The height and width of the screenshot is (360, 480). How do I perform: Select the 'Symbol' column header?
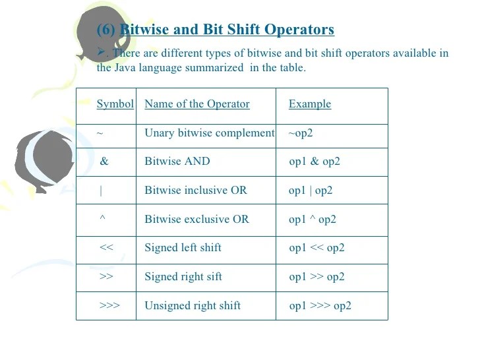coord(115,104)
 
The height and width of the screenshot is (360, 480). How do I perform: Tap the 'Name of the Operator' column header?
coord(196,104)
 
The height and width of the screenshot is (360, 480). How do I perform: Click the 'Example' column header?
coord(309,104)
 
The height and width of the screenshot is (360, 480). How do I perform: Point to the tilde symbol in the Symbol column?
coord(100,133)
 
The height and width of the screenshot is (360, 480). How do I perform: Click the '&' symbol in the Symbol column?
coord(104,162)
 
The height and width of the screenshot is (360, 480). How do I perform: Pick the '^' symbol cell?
coord(102,219)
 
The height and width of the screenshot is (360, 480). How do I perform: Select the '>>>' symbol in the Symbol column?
coord(109,305)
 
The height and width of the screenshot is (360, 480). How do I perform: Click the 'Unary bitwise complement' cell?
coord(209,133)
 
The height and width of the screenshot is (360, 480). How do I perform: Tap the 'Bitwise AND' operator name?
coord(177,162)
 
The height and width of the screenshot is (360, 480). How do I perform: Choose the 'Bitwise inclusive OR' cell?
coord(195,191)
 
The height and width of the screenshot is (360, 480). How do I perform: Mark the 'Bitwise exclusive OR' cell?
coord(196,219)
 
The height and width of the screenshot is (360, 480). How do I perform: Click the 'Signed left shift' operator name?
coord(183,248)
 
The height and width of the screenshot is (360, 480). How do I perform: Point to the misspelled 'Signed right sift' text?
coord(183,276)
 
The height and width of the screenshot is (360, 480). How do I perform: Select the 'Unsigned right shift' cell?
coord(192,305)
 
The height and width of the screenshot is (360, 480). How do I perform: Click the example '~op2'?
coord(300,133)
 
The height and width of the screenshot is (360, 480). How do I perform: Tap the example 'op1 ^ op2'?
coord(312,219)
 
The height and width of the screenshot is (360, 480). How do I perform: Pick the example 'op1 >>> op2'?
coord(320,305)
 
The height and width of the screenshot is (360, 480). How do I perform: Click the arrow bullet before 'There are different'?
coord(101,53)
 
